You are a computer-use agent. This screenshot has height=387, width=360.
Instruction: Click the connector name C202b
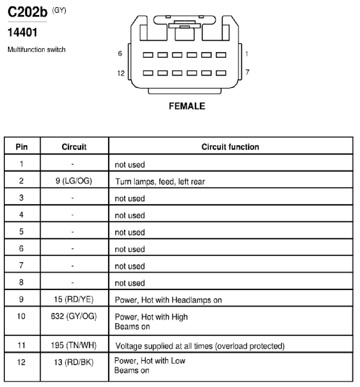tap(28, 12)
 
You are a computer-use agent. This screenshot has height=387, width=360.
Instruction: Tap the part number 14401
tap(23, 32)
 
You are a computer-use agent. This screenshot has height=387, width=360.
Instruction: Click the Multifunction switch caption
tap(37, 49)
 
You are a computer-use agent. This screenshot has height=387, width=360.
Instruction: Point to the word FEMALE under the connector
tap(187, 106)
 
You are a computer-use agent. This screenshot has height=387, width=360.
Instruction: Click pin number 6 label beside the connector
tap(120, 53)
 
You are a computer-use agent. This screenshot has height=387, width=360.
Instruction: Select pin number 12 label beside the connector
tap(121, 73)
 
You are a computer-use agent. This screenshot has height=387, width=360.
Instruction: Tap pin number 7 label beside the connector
tap(248, 72)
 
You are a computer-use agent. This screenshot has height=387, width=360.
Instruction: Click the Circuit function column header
tap(230, 147)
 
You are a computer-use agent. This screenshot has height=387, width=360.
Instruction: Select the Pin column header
tap(22, 147)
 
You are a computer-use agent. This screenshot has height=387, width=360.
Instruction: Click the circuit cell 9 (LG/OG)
tap(74, 181)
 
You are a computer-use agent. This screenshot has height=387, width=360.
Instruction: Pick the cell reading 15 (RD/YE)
tap(74, 299)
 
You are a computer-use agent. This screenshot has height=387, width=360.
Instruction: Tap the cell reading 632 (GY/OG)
tap(74, 316)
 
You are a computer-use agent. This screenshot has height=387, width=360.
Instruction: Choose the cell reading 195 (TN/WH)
tap(74, 345)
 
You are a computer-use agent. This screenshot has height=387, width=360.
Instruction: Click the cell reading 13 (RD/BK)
tap(74, 362)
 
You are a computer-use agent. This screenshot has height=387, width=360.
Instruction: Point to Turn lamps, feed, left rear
tap(160, 182)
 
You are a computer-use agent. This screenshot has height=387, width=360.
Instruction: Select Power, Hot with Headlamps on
tap(168, 300)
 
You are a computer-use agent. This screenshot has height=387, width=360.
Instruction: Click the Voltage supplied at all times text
tap(164, 346)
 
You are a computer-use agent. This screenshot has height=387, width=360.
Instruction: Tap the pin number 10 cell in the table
tap(21, 316)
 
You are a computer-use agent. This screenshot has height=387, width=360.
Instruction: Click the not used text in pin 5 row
tap(130, 232)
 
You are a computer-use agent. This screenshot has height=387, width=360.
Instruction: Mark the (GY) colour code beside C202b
tap(59, 10)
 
